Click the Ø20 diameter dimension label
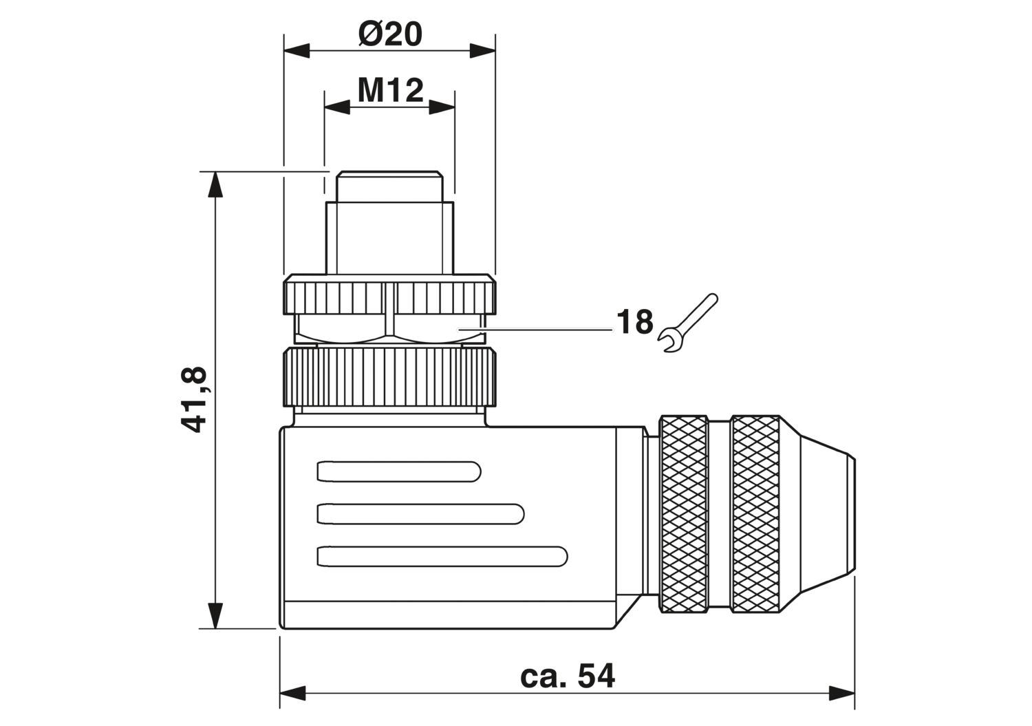[390, 34]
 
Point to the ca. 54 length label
[567, 676]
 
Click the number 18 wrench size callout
[635, 322]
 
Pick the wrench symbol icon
[687, 323]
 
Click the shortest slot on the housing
[399, 471]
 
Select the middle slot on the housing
[420, 513]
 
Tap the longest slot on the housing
[442, 556]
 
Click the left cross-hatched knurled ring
[684, 514]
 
